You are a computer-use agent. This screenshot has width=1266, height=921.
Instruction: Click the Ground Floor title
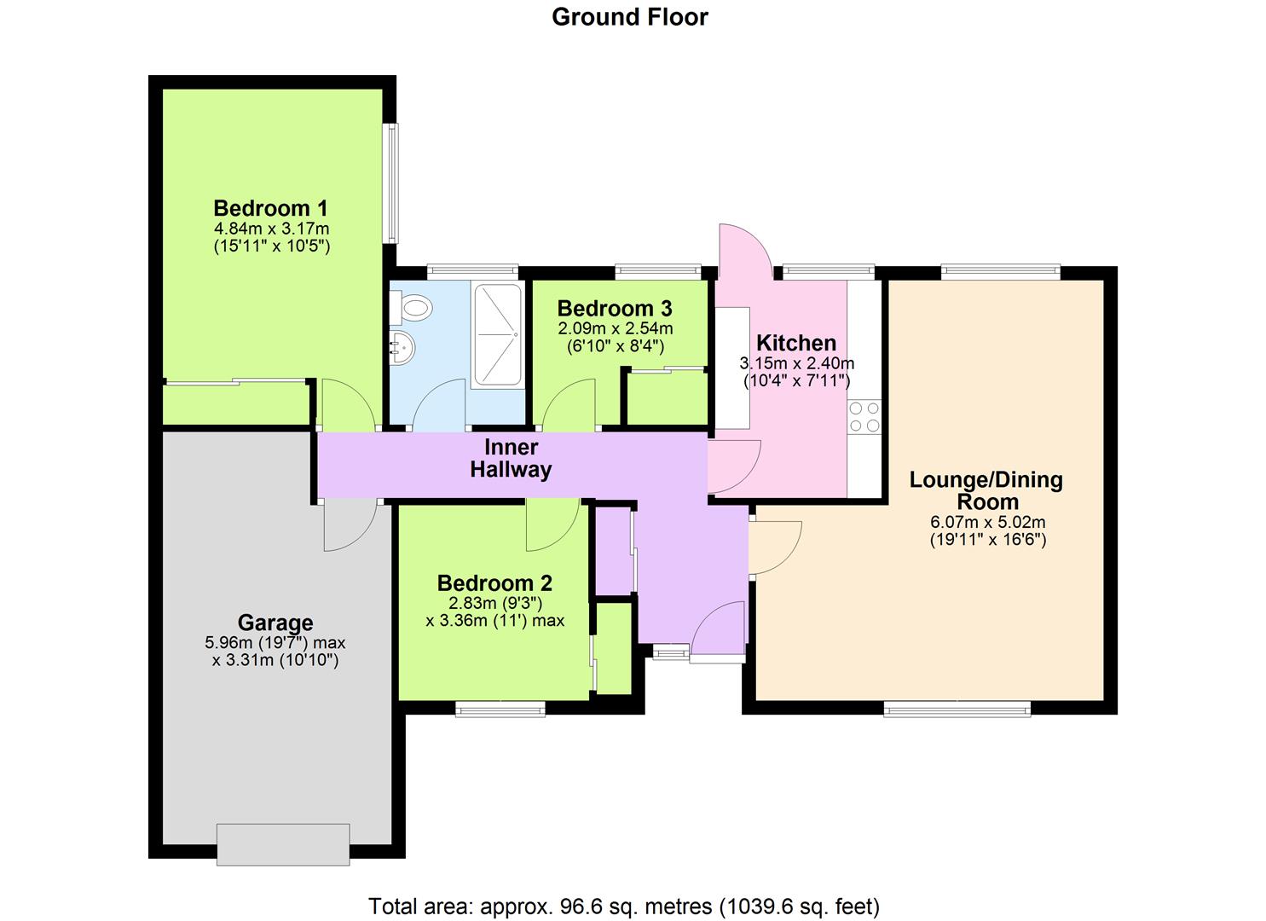(x=629, y=17)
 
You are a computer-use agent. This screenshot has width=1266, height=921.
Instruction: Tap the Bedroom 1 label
(x=270, y=208)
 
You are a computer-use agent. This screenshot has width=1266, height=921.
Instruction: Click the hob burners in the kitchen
(x=864, y=418)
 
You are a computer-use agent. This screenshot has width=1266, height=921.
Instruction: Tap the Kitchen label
(x=796, y=343)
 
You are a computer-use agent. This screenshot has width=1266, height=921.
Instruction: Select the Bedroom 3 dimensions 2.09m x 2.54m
(x=615, y=328)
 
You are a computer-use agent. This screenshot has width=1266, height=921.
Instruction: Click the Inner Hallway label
(x=511, y=458)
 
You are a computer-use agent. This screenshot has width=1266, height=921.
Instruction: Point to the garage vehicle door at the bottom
(x=283, y=844)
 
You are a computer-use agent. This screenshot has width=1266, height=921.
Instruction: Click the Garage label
(x=275, y=623)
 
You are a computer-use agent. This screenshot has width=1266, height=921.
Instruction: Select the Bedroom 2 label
(x=494, y=583)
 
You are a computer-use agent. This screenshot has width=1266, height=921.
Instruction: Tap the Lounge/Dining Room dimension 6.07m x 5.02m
(x=987, y=523)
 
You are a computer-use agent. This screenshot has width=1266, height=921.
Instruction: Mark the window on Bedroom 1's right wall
(x=390, y=183)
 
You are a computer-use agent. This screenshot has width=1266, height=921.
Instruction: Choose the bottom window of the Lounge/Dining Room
(x=957, y=708)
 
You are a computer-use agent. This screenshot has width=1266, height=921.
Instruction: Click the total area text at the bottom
(x=623, y=906)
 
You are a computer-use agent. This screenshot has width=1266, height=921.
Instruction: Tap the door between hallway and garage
(x=350, y=524)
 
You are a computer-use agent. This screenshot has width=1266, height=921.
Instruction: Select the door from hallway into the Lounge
(x=773, y=546)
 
